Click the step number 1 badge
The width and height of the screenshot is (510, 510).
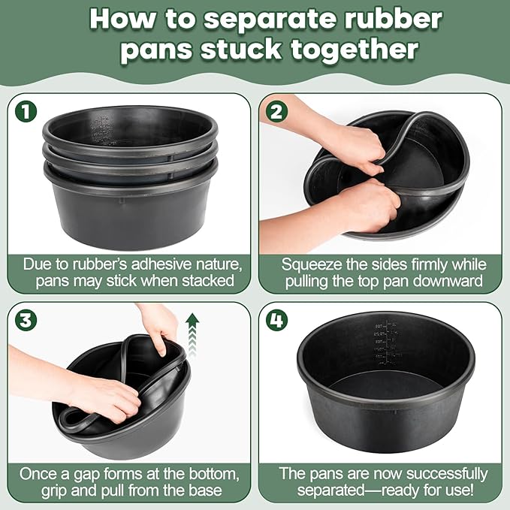coord(26,111)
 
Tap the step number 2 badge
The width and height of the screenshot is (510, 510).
coord(276,111)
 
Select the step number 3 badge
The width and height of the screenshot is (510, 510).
coord(26,320)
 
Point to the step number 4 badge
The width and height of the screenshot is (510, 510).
coord(276,320)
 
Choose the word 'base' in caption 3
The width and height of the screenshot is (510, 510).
coord(206,490)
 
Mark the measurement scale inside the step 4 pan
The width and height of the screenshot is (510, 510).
coord(387,343)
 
